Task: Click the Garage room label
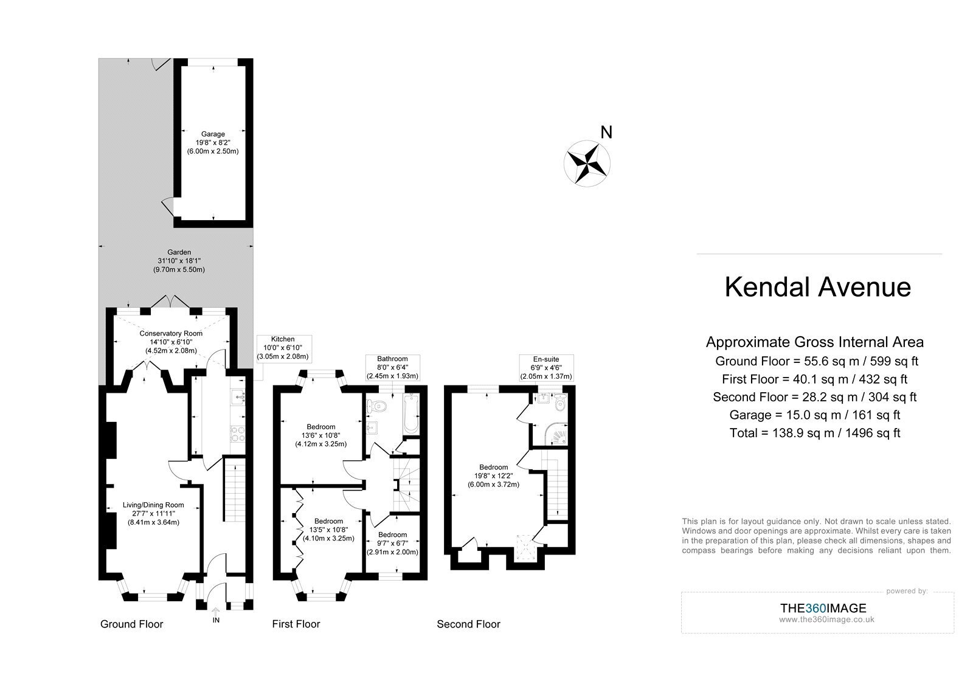tap(213, 143)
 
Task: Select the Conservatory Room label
tap(171, 342)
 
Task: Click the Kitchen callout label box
tap(283, 348)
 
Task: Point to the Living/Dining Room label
tap(153, 514)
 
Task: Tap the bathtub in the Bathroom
tap(410, 414)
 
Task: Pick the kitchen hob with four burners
tap(238, 434)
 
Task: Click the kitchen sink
tap(238, 396)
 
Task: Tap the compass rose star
tap(587, 164)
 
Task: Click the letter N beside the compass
tap(606, 132)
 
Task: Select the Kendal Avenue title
tap(817, 287)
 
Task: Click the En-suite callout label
tap(547, 368)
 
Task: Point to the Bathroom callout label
tap(392, 367)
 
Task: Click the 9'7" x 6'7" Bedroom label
tap(392, 544)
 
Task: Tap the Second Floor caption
tap(468, 624)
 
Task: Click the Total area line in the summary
tap(815, 433)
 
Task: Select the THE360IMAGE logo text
tap(823, 608)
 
